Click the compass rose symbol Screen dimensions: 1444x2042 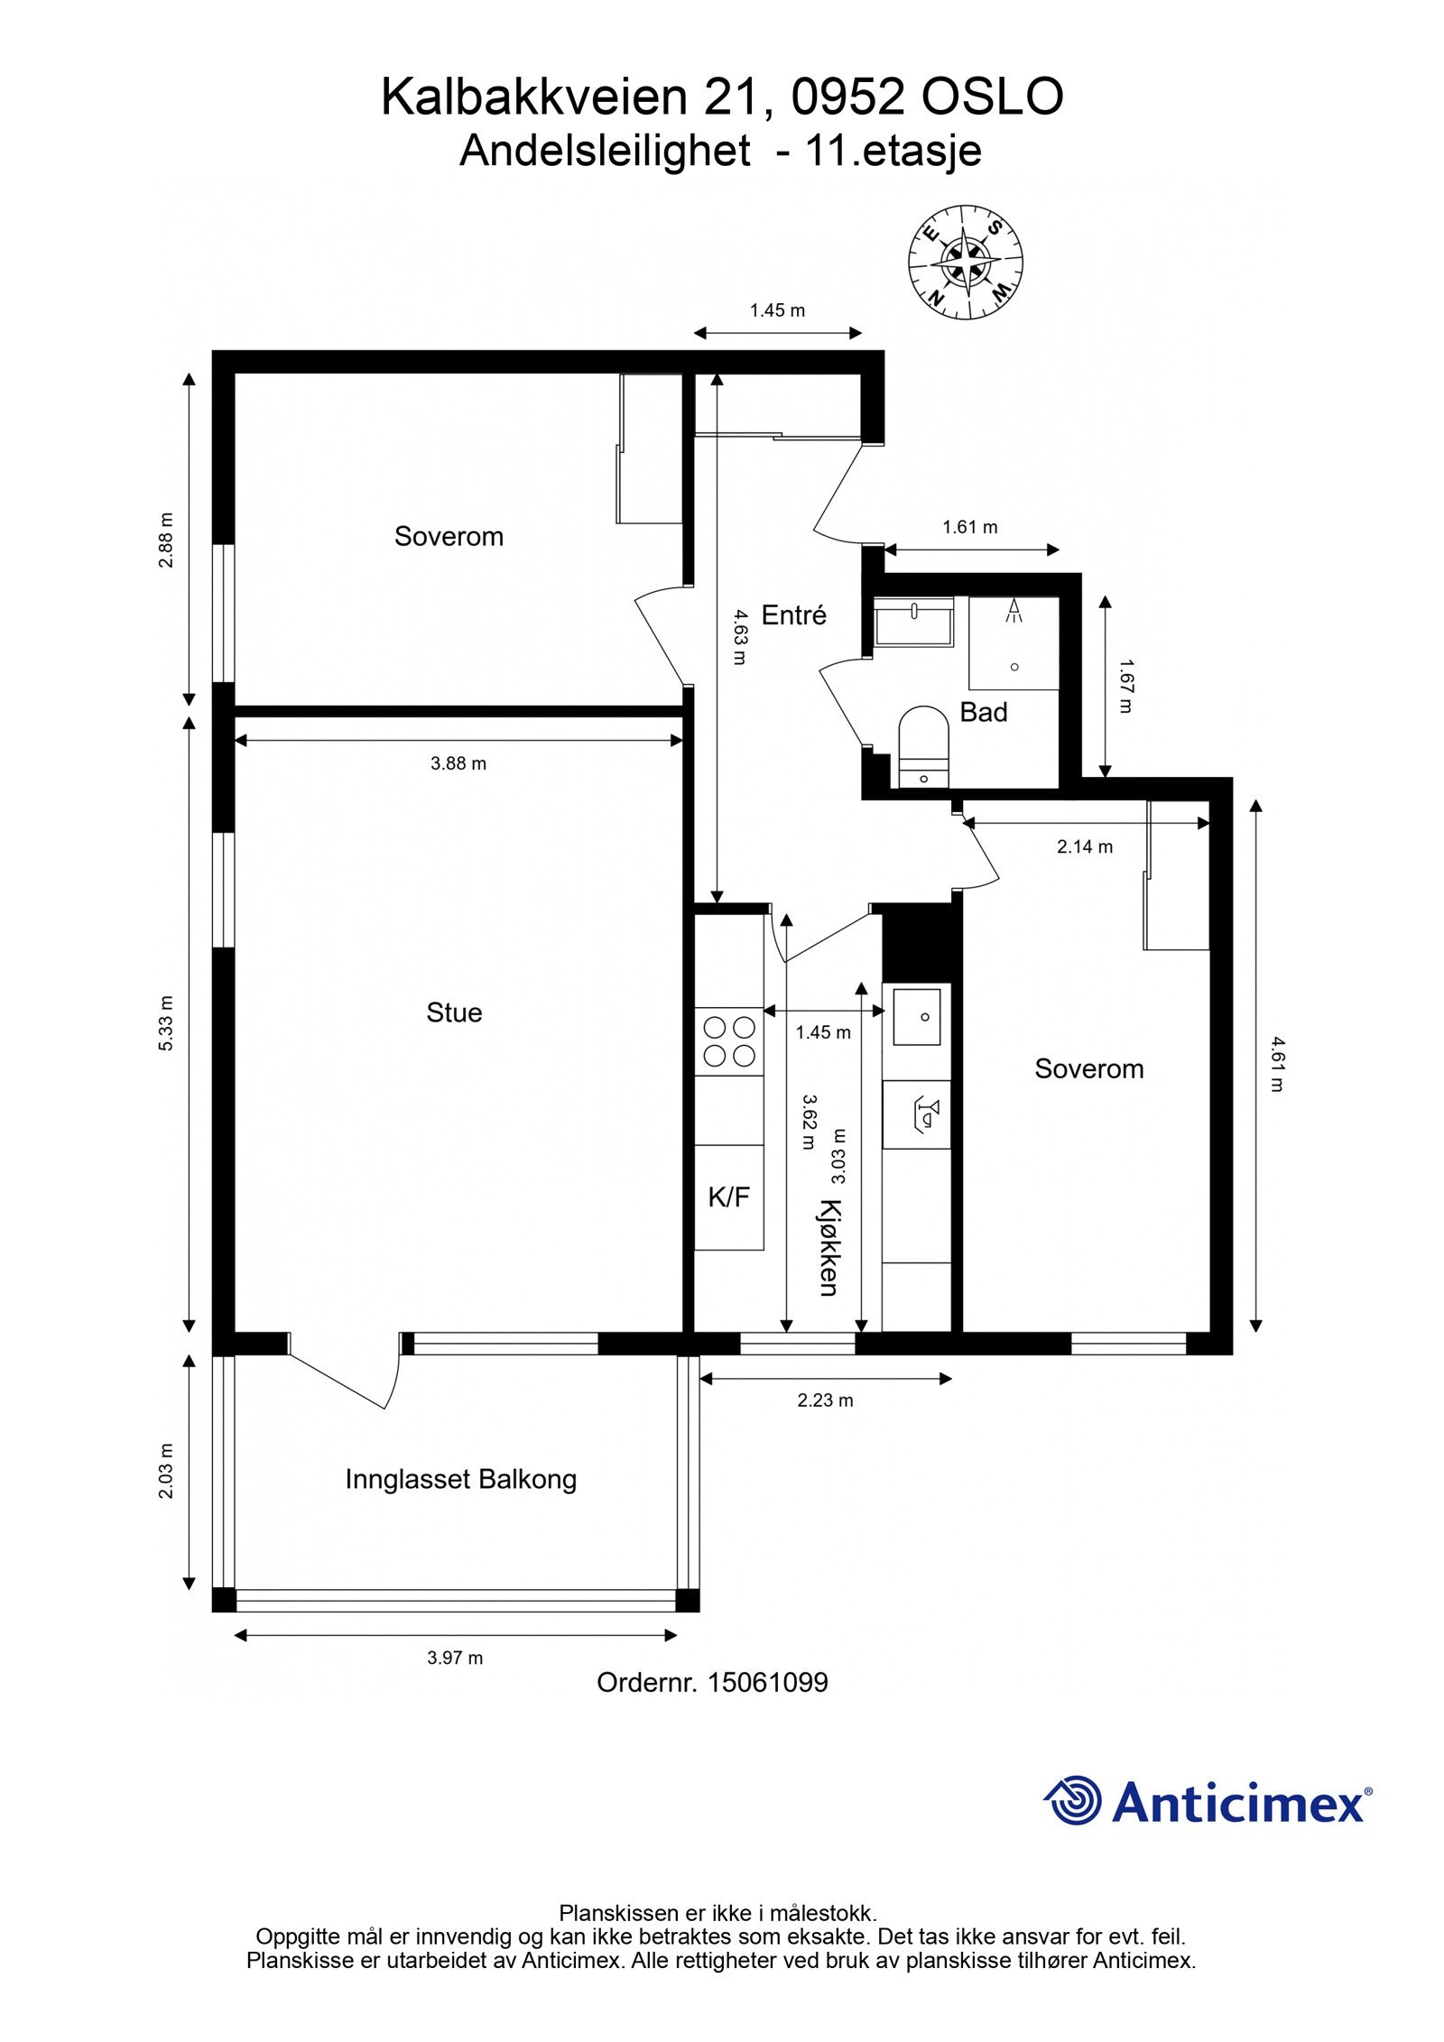click(x=965, y=262)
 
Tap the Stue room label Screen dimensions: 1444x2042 click(x=454, y=1012)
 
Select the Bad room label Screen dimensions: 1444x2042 click(x=983, y=713)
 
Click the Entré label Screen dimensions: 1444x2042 click(x=794, y=615)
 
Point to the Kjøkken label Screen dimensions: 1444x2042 click(x=828, y=1248)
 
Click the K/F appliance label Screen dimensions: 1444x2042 click(x=729, y=1197)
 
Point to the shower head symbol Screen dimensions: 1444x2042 click(x=1015, y=611)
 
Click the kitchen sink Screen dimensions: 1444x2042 click(x=917, y=1016)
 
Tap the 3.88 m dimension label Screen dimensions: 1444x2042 click(x=458, y=763)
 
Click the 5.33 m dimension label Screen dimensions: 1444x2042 click(x=165, y=1023)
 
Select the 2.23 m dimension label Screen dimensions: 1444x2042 click(x=825, y=1400)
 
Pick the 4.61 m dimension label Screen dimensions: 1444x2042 click(x=1276, y=1064)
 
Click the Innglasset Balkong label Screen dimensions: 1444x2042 click(x=461, y=1479)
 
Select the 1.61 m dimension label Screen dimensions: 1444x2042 click(x=970, y=527)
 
